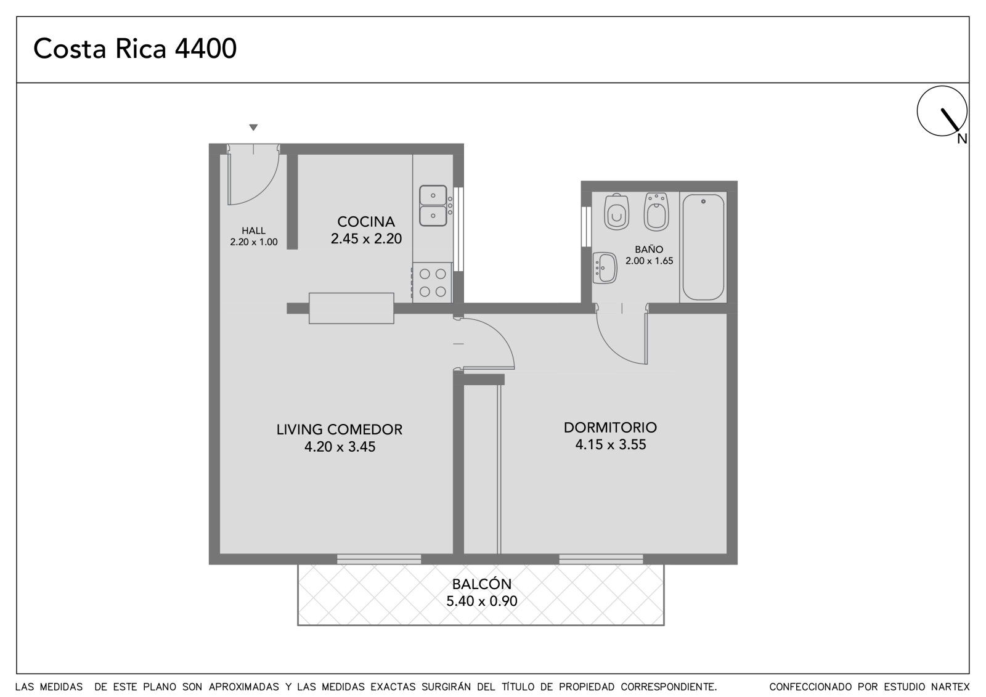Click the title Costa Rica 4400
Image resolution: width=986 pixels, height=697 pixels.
[x=135, y=49]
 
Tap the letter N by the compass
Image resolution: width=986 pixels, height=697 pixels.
[x=962, y=139]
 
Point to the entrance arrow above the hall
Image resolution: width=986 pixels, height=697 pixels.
[x=253, y=127]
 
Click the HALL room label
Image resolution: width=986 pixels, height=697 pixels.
[x=253, y=230]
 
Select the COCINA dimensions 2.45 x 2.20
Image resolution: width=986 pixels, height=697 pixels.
[x=366, y=238]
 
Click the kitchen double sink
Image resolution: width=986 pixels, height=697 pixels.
[x=433, y=206]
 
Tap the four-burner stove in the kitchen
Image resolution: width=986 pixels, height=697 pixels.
[x=432, y=283]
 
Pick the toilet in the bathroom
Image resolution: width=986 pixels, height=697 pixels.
[x=617, y=212]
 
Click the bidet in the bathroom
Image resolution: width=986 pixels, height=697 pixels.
[x=656, y=212]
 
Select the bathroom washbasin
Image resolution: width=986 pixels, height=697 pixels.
[x=605, y=267]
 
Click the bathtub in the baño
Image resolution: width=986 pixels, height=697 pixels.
[x=703, y=247]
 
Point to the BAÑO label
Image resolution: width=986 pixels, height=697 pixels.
[x=650, y=249]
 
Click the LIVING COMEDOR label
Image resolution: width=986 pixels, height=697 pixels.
[x=340, y=430]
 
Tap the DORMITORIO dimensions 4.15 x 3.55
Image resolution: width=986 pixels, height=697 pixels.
[x=611, y=444]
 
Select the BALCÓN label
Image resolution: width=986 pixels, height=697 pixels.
[x=482, y=584]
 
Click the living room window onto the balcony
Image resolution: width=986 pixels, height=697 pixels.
[x=379, y=559]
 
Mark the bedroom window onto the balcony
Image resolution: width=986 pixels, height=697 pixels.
[x=601, y=559]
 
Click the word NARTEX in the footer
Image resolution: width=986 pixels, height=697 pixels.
[x=951, y=687]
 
